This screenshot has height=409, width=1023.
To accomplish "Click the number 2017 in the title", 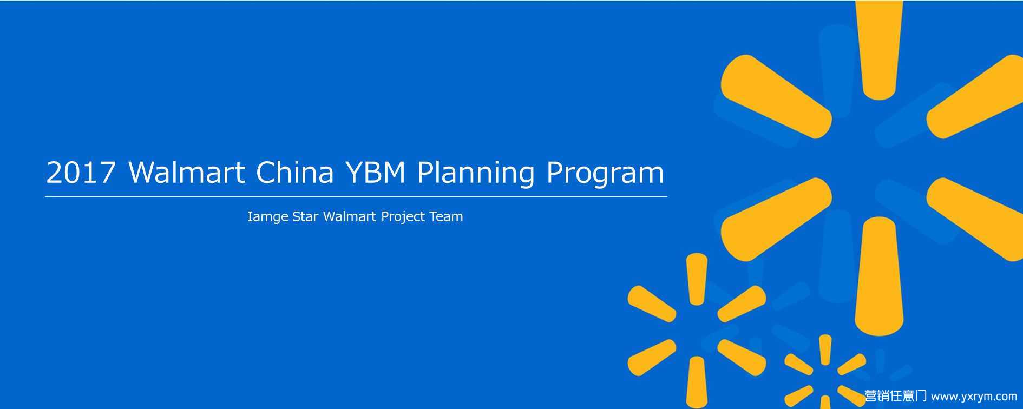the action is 81,173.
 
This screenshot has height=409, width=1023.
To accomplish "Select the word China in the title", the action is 294,172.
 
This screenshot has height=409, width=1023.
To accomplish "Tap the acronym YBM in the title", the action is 375,173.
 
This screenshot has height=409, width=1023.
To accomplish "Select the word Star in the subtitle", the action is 305,217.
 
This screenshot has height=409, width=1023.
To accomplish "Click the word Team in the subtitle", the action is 446,217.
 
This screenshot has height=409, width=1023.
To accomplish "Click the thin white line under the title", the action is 356,196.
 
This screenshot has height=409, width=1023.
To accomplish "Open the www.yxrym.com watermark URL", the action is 974,397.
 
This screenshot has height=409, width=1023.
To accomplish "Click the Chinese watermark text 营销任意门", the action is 896,396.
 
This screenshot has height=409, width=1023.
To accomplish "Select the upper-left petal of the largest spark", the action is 776,96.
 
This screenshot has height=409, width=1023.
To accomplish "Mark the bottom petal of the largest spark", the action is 879,276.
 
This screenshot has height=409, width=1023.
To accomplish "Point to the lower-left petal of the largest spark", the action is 776,220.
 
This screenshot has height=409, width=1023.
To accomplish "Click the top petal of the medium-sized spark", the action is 697,279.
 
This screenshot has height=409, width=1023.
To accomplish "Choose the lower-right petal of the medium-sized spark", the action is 742,358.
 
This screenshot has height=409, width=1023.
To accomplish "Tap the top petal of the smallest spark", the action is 825,349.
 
